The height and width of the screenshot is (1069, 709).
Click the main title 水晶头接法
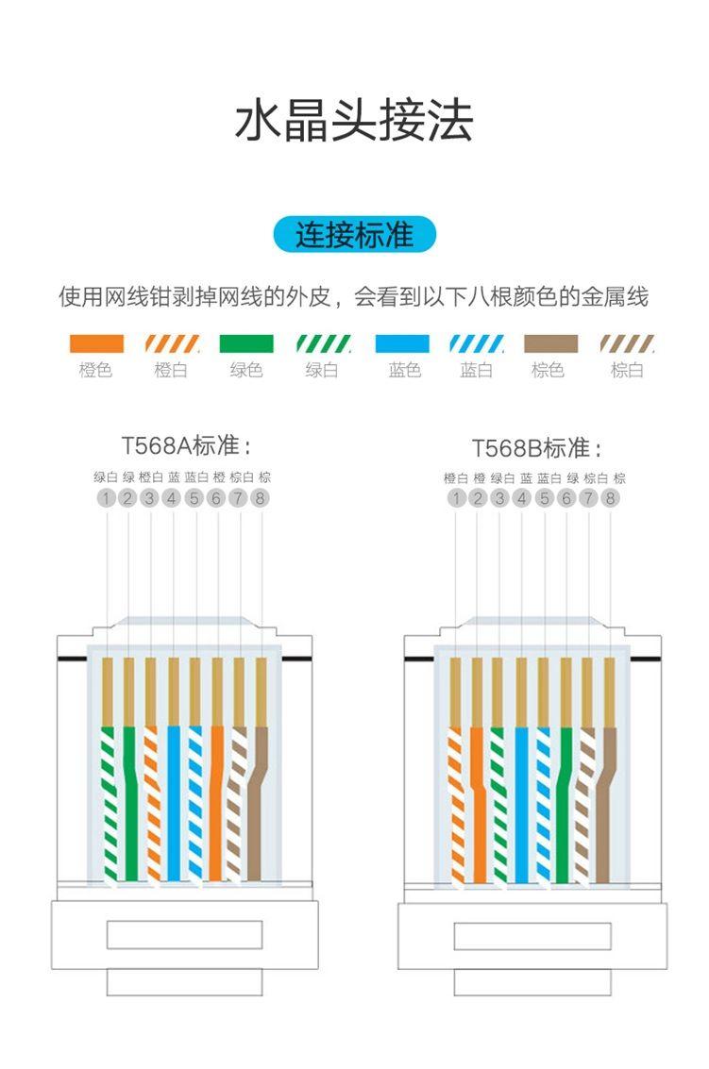[x=353, y=122]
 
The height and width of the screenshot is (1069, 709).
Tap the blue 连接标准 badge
[x=354, y=235]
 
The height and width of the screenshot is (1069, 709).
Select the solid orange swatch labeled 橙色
[x=96, y=343]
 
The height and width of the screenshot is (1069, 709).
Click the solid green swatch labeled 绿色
[x=246, y=343]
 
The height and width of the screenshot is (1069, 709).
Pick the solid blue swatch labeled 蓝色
[x=402, y=343]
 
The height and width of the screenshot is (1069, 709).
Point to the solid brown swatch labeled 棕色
[x=550, y=343]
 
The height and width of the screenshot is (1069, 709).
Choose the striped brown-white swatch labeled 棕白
[x=627, y=343]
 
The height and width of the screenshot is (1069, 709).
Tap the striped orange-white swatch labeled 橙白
[x=172, y=343]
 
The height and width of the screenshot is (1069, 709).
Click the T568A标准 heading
[x=186, y=446]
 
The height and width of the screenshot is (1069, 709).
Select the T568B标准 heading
[x=536, y=448]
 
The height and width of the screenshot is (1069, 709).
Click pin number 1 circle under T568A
[x=106, y=498]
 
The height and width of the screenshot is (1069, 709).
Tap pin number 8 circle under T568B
[x=610, y=498]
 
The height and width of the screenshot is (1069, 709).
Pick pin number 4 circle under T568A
[x=172, y=498]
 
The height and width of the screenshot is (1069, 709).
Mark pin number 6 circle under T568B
[x=566, y=498]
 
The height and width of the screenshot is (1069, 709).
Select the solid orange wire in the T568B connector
[x=479, y=805]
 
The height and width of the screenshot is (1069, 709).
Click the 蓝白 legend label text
[x=476, y=370]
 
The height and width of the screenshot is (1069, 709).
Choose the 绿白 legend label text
[x=321, y=370]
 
